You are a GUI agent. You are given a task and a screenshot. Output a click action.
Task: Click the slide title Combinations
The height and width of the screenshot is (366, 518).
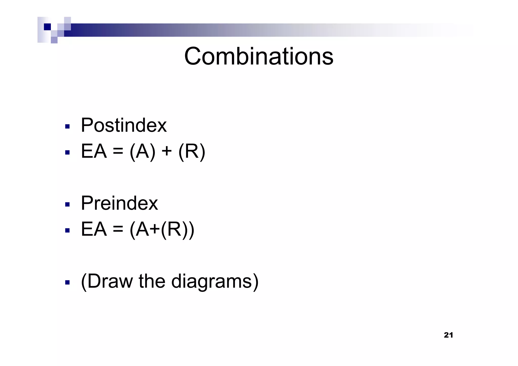point(258,56)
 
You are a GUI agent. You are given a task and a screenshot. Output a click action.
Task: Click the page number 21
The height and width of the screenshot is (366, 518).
point(448,335)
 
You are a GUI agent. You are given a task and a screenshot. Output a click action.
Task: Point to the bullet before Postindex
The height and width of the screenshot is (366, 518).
point(67,126)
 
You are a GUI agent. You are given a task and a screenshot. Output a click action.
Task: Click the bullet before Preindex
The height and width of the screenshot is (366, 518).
point(67,204)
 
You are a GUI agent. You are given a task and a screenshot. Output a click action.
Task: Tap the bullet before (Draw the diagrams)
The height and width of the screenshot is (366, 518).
point(67,282)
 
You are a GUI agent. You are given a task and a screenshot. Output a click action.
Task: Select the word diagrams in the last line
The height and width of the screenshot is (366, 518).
point(214,282)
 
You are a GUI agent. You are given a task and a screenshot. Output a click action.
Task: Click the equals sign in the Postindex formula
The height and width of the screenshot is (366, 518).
point(118,152)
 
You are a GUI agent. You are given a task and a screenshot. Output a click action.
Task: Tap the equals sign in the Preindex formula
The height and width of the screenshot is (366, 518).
point(118,230)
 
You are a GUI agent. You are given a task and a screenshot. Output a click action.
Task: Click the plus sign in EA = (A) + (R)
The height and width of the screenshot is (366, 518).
point(166,152)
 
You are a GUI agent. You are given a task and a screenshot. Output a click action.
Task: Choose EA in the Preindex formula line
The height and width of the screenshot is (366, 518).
point(94,229)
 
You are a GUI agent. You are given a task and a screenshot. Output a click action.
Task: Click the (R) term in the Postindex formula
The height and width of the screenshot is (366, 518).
point(192,152)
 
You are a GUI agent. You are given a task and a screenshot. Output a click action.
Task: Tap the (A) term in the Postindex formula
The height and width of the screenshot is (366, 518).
point(142,152)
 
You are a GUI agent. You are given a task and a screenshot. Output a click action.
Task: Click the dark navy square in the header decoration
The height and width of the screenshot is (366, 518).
point(47,27)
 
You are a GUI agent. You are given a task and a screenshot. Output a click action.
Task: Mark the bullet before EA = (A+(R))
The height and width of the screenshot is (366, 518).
point(67,230)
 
